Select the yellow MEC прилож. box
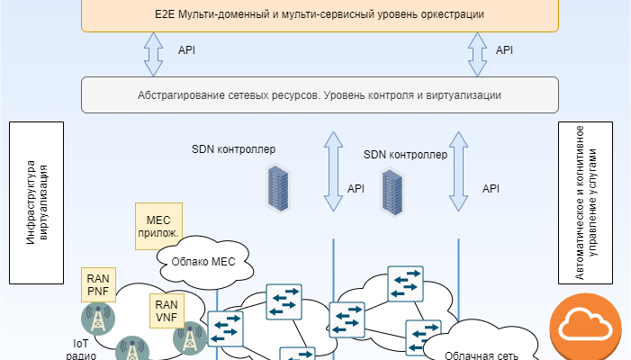(158, 222)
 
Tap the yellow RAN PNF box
(98, 285)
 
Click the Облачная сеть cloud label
(482, 354)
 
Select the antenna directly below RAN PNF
(97, 319)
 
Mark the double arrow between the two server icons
(334, 175)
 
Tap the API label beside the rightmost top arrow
(504, 50)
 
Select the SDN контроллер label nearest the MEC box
(233, 148)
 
